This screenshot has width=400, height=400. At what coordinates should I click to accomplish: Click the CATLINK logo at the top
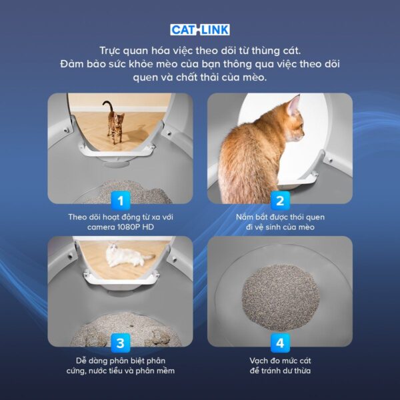(x=199, y=29)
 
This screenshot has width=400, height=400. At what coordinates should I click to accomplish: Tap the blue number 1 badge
(x=120, y=199)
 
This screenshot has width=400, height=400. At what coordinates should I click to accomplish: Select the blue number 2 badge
(x=279, y=199)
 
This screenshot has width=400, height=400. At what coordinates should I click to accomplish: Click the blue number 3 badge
(x=120, y=343)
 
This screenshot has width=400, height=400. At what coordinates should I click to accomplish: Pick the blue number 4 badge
(x=279, y=343)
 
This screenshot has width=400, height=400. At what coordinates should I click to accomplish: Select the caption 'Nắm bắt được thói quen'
(x=279, y=217)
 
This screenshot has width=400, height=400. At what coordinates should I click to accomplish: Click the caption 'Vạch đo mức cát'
(x=279, y=360)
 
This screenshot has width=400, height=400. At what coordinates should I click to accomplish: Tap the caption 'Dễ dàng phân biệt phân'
(x=120, y=360)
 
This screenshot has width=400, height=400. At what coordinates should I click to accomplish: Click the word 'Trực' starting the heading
(x=111, y=50)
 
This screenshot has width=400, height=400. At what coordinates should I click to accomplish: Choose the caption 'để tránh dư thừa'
(x=279, y=371)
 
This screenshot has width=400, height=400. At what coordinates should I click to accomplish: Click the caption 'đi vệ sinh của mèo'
(x=279, y=227)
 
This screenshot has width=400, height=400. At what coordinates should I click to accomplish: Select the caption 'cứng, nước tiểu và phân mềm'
(x=120, y=371)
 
